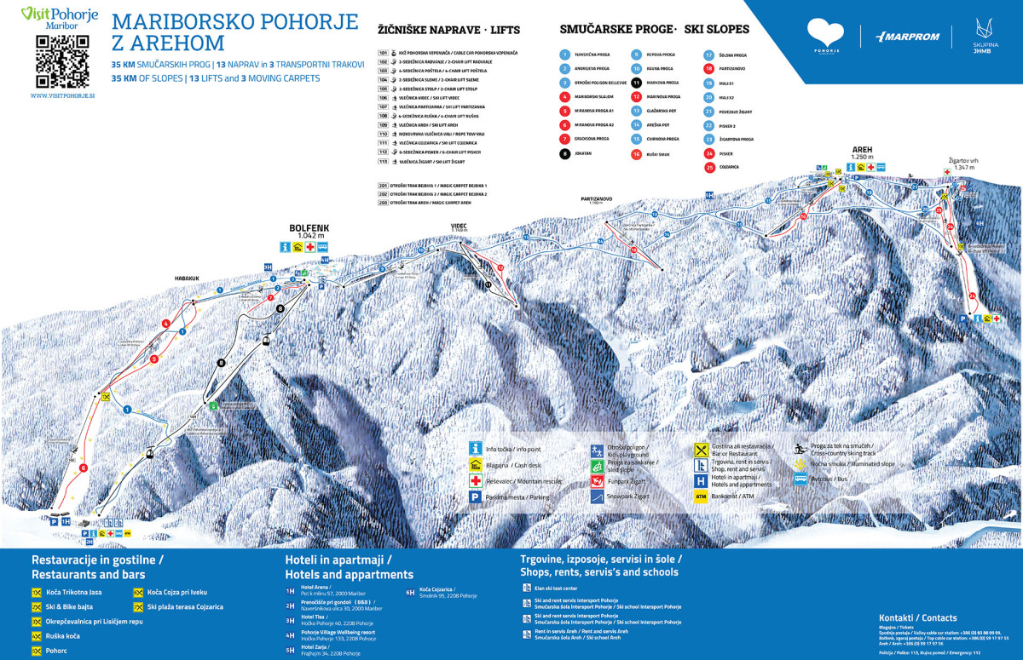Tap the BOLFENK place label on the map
pos(309,228)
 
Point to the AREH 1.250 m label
pos(863,152)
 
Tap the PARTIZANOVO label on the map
pos(597,198)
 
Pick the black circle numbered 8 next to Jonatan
pos(564,154)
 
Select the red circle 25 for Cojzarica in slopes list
pos(708,168)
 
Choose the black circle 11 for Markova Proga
pos(636,83)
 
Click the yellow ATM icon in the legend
pos(701,495)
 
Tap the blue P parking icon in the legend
pos(476,496)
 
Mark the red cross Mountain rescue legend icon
pos(476,480)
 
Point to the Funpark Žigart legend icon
pos(597,480)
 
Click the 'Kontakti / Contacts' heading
pos(917,617)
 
